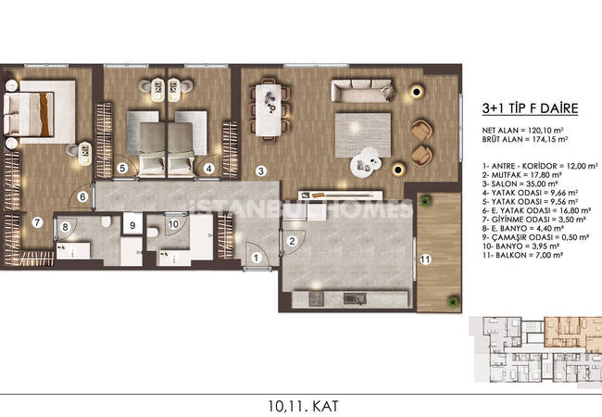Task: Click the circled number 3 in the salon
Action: click(x=261, y=171)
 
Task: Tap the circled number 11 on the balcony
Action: click(x=425, y=259)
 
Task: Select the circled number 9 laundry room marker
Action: click(x=132, y=225)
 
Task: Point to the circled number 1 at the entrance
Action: click(x=256, y=258)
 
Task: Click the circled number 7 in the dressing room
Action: click(x=37, y=222)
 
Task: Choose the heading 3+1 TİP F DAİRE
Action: click(x=530, y=108)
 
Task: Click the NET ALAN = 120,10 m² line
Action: click(x=522, y=131)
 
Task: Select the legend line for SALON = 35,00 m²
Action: click(x=520, y=183)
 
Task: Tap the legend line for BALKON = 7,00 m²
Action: click(x=522, y=256)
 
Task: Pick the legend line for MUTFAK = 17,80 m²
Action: click(x=522, y=175)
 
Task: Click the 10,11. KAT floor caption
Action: click(x=303, y=406)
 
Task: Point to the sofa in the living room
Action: click(x=362, y=91)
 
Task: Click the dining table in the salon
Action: click(x=269, y=110)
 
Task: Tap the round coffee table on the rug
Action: click(x=365, y=163)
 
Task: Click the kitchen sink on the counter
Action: click(x=355, y=298)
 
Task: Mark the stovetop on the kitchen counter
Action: click(x=316, y=299)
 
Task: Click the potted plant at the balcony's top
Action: click(x=424, y=200)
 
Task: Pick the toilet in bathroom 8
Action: click(x=107, y=222)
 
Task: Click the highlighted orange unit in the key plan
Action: click(x=572, y=333)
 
